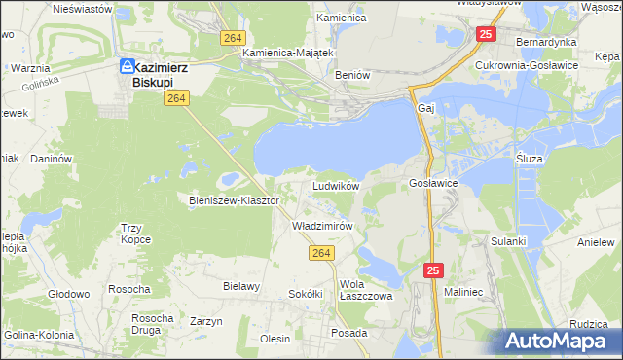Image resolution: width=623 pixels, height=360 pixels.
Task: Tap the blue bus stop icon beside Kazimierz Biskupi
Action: tap(127, 66)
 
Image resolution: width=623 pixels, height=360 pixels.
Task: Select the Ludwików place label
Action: tap(336, 185)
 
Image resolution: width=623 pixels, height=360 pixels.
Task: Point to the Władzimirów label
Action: tap(321, 225)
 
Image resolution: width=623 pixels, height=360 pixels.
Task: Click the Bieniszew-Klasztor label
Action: tap(234, 200)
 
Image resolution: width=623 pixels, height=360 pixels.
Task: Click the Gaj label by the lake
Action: tap(424, 107)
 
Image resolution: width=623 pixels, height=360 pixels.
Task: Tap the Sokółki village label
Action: tap(305, 293)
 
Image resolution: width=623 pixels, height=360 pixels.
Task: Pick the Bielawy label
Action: tap(240, 286)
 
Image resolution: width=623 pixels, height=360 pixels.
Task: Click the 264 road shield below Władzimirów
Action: tap(322, 253)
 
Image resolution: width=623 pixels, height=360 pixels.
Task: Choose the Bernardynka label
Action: tap(546, 43)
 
